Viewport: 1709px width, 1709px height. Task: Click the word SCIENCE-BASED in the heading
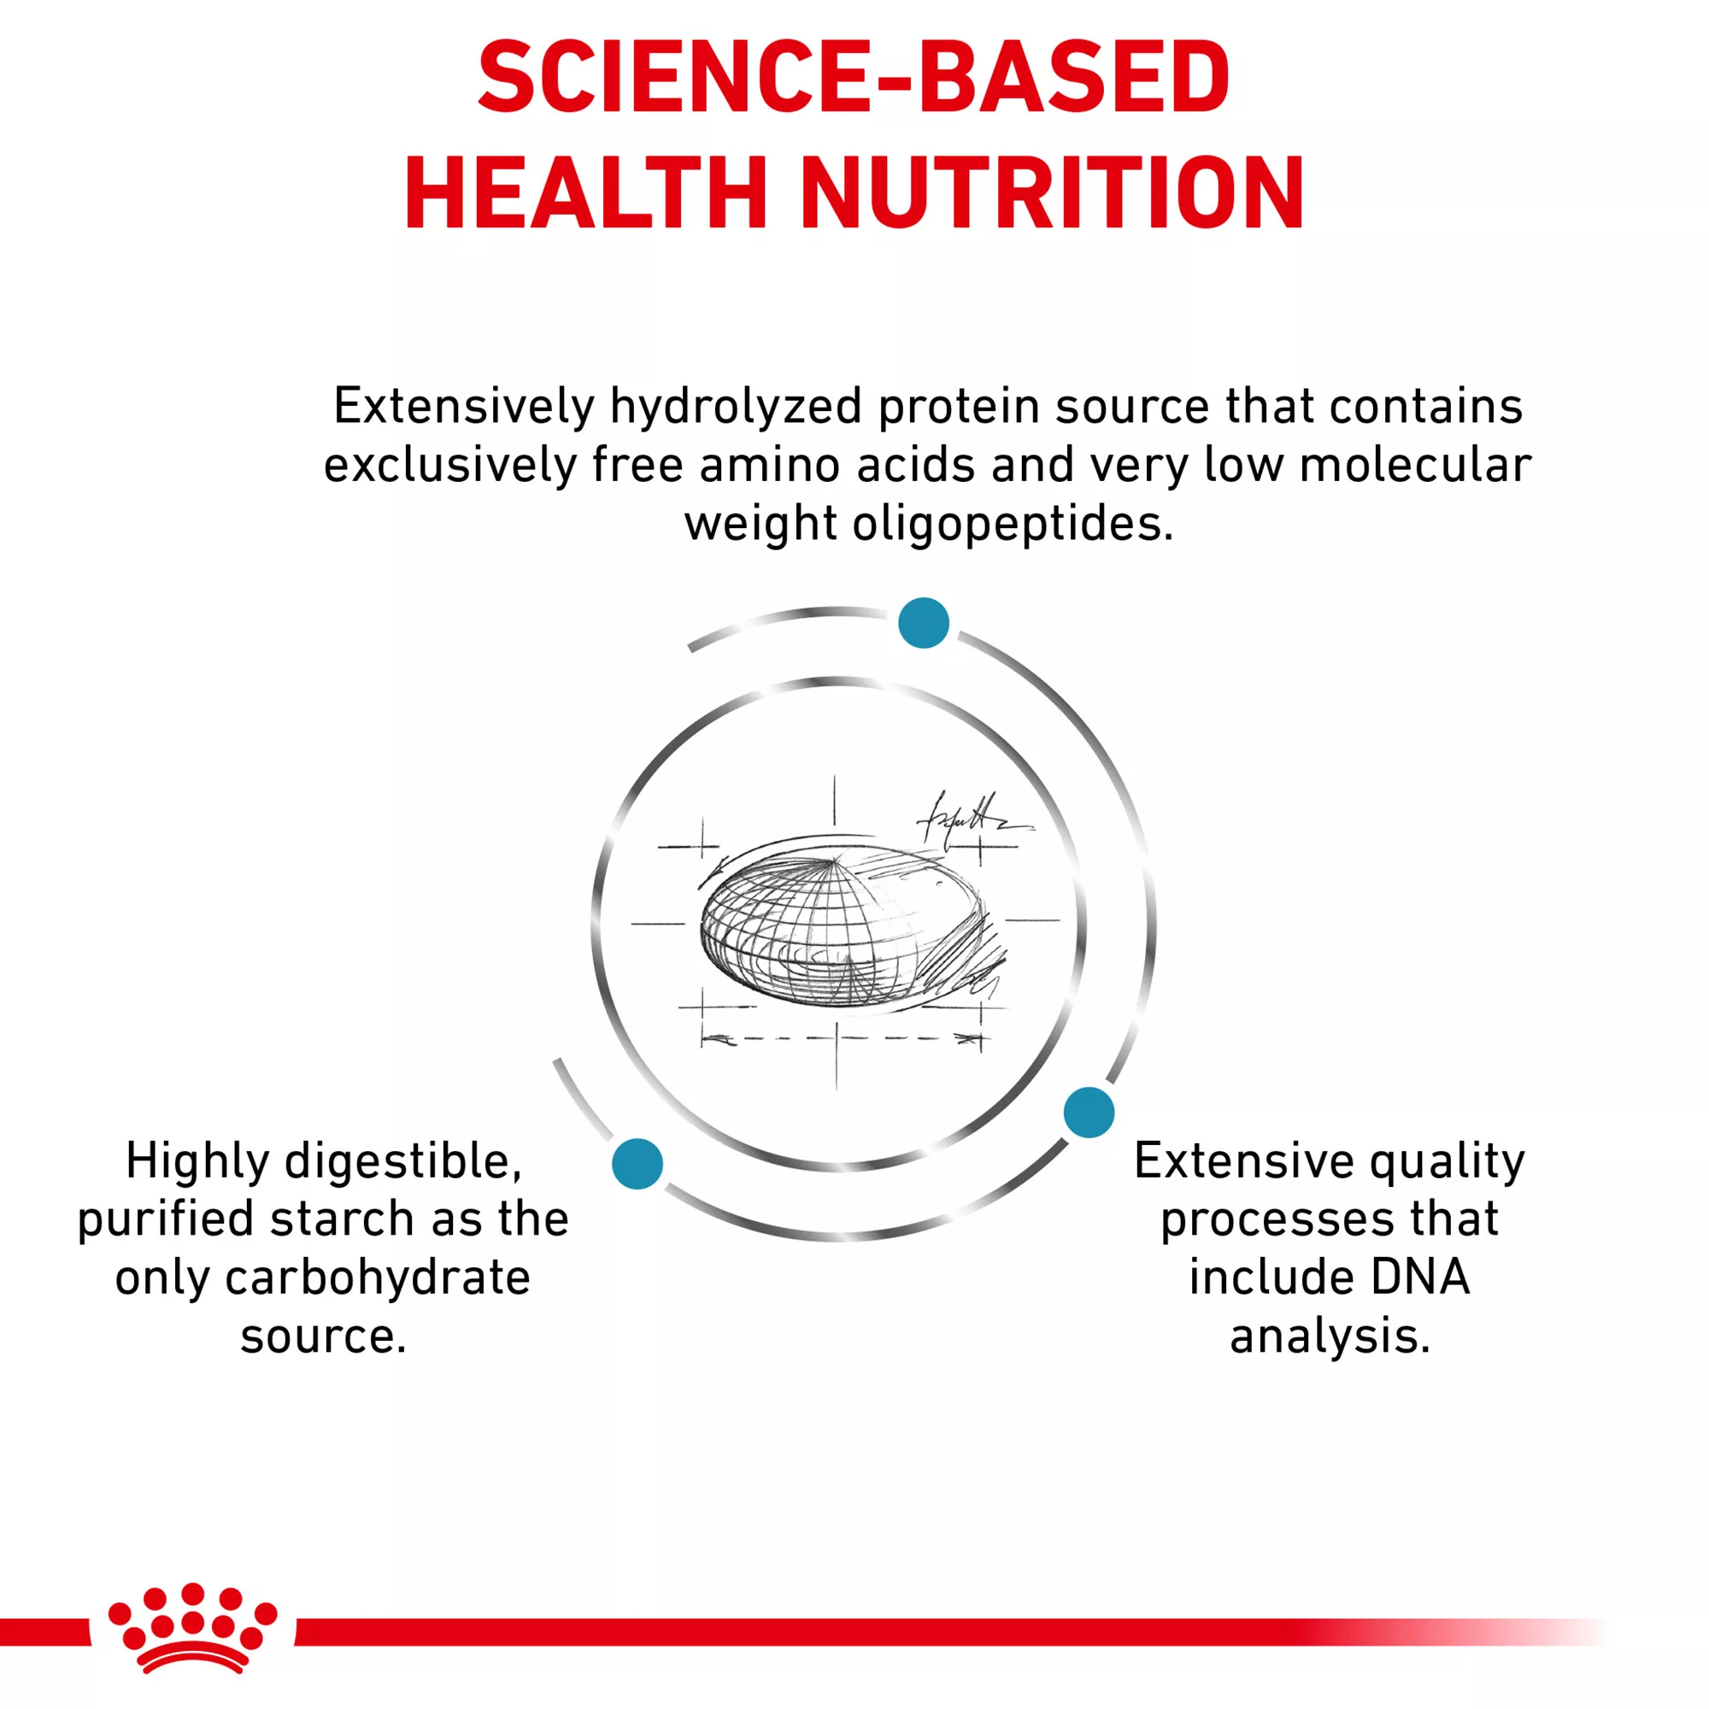[x=854, y=77]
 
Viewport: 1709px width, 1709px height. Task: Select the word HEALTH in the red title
[x=584, y=193]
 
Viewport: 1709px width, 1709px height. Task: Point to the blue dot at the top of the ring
[x=924, y=623]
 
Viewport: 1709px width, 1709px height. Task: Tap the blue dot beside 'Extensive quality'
[x=1089, y=1112]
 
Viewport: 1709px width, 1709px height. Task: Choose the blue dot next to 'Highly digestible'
[x=637, y=1164]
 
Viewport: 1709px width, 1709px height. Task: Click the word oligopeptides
[x=1013, y=525]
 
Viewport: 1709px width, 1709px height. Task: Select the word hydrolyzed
[x=735, y=408]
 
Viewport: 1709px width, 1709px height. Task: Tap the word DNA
[x=1418, y=1277]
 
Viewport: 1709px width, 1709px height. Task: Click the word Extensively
[x=463, y=407]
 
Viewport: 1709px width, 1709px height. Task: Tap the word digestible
[x=403, y=1161]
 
